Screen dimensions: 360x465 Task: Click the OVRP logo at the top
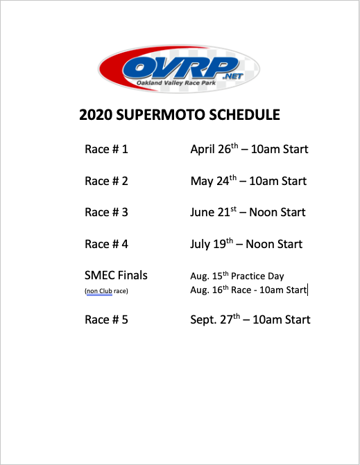(179, 69)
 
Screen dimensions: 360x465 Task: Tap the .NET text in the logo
(233, 76)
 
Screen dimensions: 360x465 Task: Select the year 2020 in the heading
(96, 115)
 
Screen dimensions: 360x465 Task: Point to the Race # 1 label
(106, 149)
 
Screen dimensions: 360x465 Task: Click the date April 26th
(214, 148)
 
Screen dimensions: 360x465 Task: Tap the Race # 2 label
(106, 181)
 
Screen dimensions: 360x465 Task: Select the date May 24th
(214, 180)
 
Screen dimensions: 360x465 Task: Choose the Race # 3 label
(106, 212)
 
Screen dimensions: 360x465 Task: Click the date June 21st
(214, 212)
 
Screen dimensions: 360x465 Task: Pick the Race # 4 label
(106, 244)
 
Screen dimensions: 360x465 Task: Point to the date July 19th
(212, 244)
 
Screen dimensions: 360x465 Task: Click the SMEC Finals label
(116, 275)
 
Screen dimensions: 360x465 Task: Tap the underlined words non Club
(99, 291)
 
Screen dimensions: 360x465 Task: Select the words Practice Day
(257, 276)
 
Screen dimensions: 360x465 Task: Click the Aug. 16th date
(209, 289)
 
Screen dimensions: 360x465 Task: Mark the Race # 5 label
(106, 319)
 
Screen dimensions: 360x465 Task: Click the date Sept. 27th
(215, 319)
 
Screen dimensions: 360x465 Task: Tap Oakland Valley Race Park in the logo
(176, 82)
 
